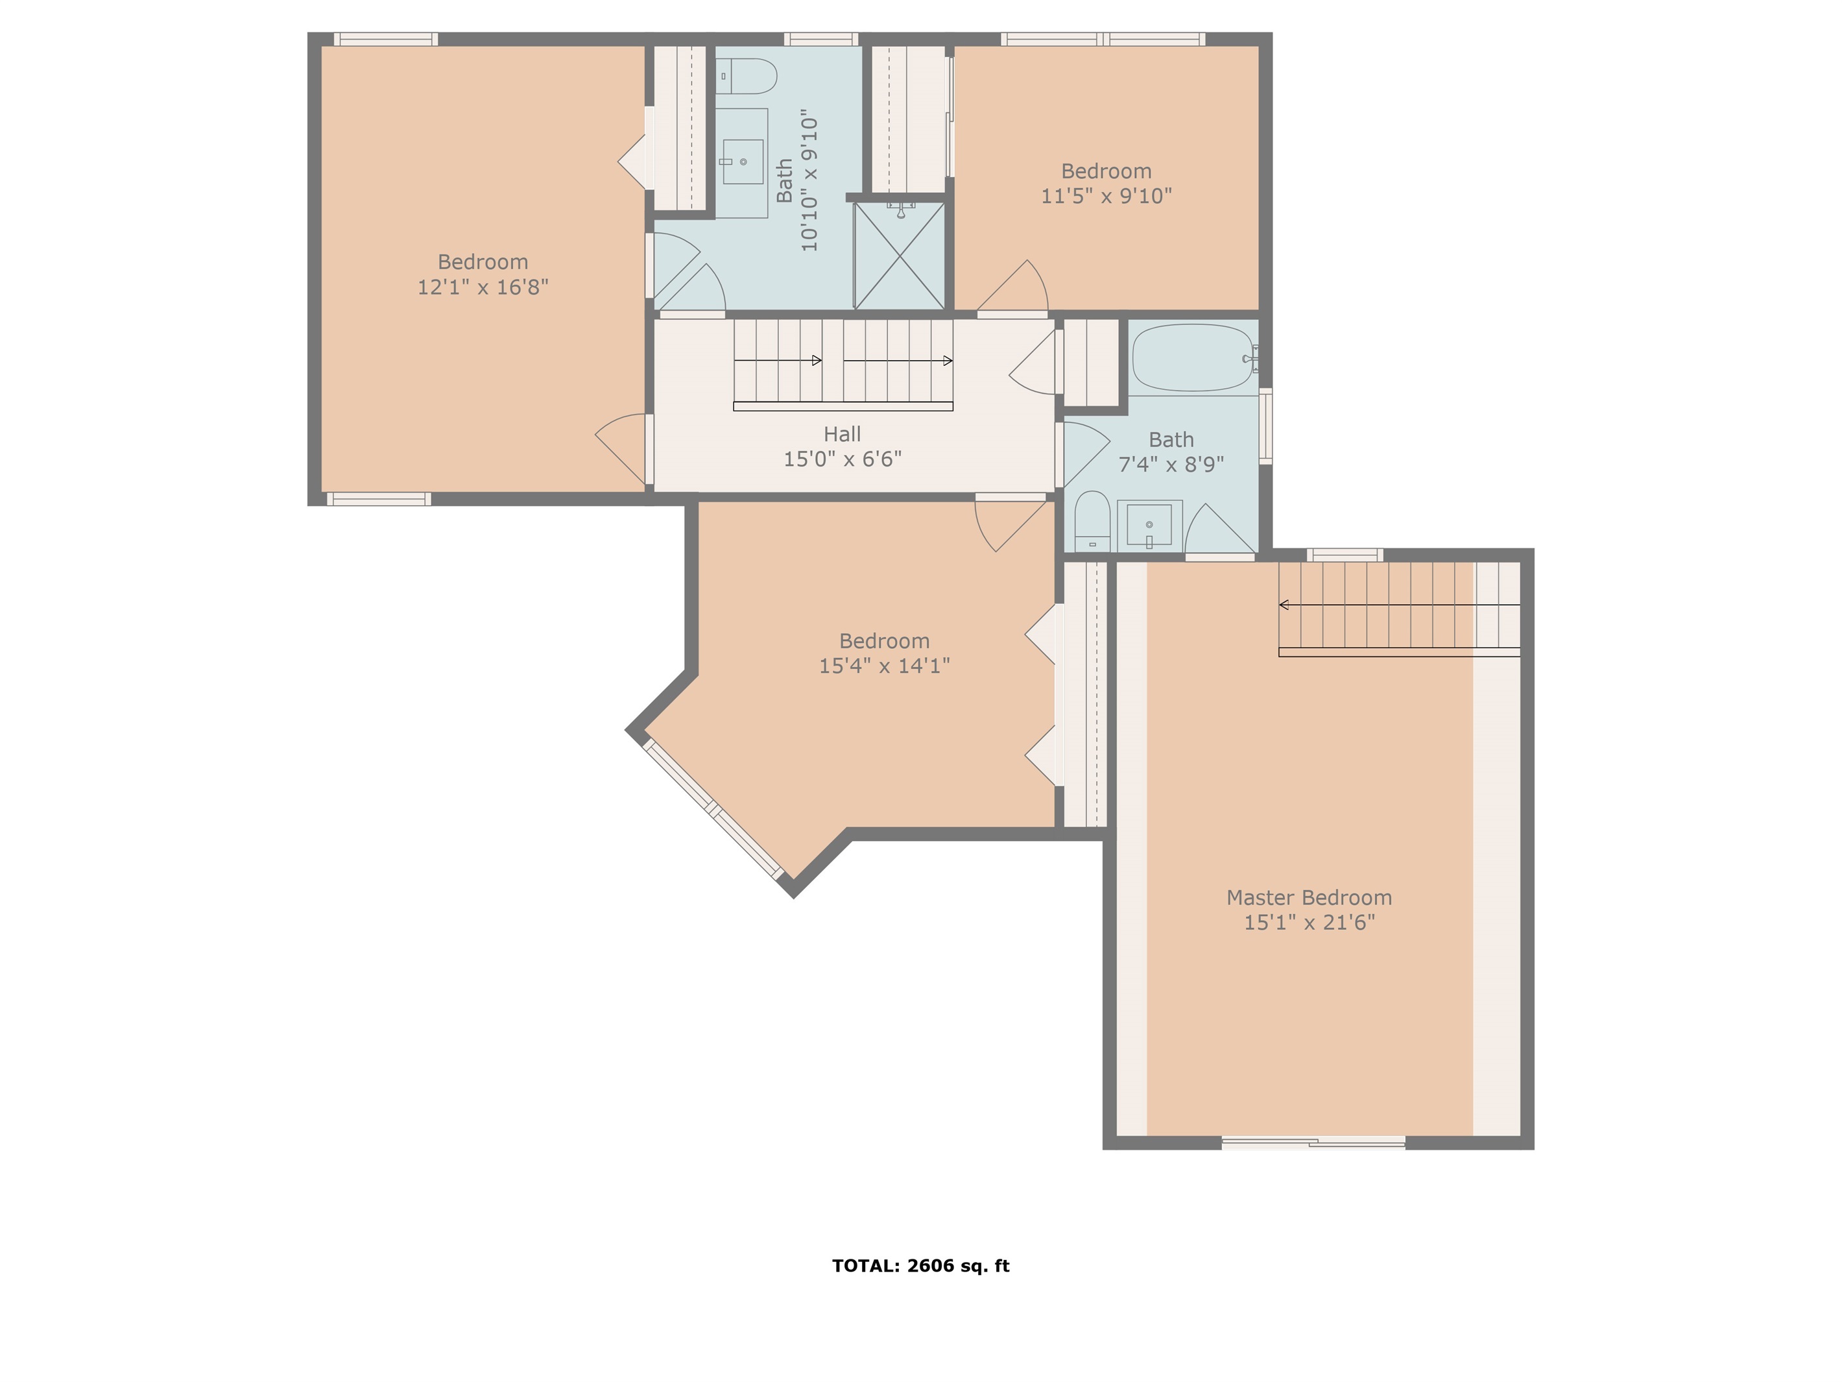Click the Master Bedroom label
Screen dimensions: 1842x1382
(1309, 897)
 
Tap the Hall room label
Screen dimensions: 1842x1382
(842, 434)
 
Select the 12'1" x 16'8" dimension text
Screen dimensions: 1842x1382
(483, 287)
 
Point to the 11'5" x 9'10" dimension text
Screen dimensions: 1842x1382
(1106, 196)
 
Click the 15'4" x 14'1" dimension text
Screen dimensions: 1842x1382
(885, 666)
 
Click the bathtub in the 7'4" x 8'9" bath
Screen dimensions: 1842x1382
(1194, 358)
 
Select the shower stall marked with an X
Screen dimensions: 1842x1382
(900, 255)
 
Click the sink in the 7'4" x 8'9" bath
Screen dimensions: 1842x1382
(1149, 525)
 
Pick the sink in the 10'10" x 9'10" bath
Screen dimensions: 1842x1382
(742, 162)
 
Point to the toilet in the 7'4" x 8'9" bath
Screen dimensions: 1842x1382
(1092, 522)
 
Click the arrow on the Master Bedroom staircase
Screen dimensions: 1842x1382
(1400, 605)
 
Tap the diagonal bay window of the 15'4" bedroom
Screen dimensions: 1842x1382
(713, 808)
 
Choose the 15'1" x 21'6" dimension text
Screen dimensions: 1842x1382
(1309, 922)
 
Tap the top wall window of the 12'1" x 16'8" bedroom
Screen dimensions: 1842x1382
(385, 39)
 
